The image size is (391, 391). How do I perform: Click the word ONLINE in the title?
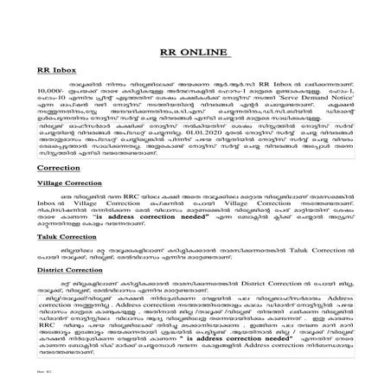coord(213,51)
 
